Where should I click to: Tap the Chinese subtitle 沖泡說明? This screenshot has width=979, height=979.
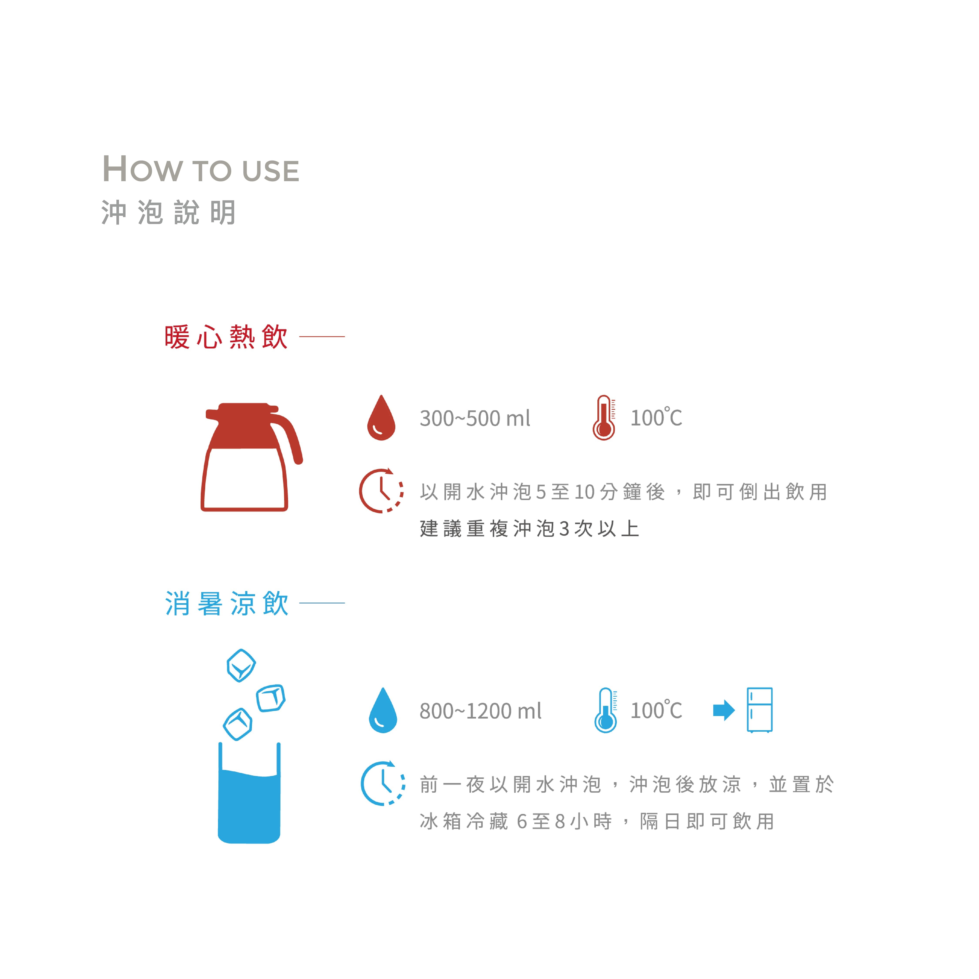pyautogui.click(x=169, y=212)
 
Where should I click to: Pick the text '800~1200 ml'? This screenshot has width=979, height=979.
pyautogui.click(x=480, y=711)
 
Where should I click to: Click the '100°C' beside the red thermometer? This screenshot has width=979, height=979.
pyautogui.click(x=656, y=418)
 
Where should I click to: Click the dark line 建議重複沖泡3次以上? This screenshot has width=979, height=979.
pyautogui.click(x=530, y=529)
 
